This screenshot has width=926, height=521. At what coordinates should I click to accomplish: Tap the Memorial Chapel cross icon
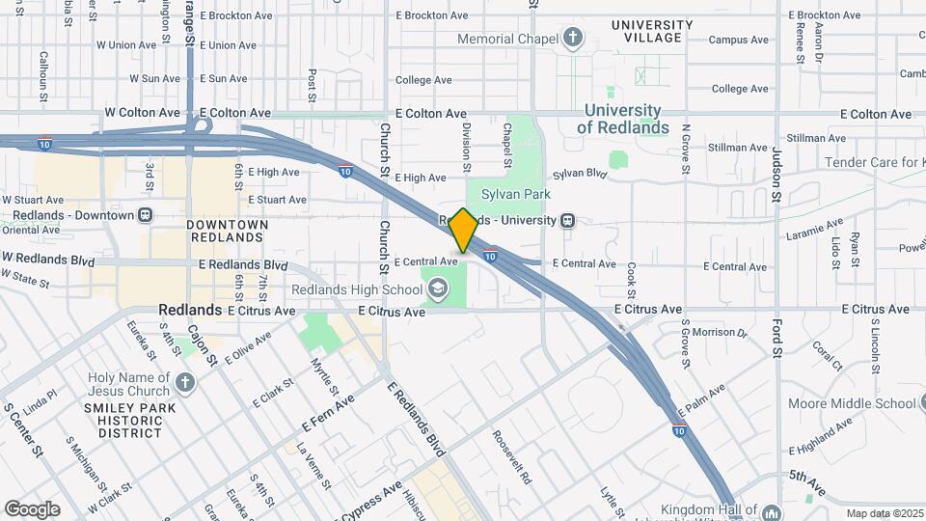click(574, 39)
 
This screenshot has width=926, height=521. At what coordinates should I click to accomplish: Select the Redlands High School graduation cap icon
click(438, 288)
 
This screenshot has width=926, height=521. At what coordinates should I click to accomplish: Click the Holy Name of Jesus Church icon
click(185, 383)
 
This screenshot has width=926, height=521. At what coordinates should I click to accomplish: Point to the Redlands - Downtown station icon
click(145, 214)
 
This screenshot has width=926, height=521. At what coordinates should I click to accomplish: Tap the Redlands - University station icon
click(568, 220)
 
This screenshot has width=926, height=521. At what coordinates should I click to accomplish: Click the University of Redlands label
click(626, 120)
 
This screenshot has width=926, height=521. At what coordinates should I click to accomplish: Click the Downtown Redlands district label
click(227, 231)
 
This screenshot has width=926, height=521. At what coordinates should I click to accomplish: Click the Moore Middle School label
click(852, 403)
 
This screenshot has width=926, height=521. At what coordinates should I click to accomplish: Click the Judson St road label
click(776, 174)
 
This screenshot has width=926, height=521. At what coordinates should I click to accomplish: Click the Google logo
click(32, 508)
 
